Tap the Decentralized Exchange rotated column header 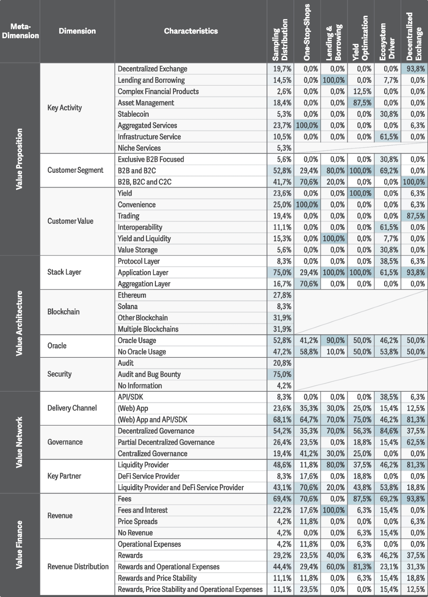pyautogui.click(x=414, y=36)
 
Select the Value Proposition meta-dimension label pyautogui.click(x=20, y=159)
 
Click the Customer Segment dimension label pyautogui.click(x=75, y=170)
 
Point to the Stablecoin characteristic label pyautogui.click(x=133, y=114)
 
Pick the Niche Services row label pyautogui.click(x=139, y=148)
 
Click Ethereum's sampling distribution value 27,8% pyautogui.click(x=282, y=295)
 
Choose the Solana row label pyautogui.click(x=128, y=307)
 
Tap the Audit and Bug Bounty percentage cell pyautogui.click(x=282, y=375)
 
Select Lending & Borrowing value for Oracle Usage pyautogui.click(x=334, y=341)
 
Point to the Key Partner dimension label pyautogui.click(x=64, y=476)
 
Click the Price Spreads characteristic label pyautogui.click(x=138, y=522)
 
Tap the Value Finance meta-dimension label pyautogui.click(x=20, y=545)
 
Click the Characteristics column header pyautogui.click(x=191, y=31)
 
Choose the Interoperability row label pyautogui.click(x=140, y=227)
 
